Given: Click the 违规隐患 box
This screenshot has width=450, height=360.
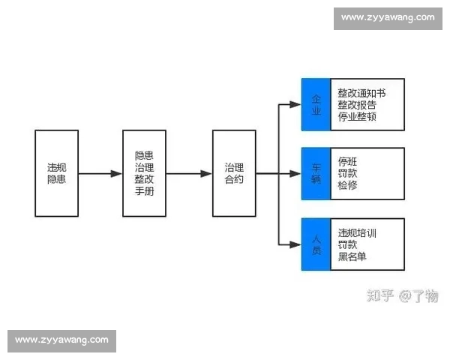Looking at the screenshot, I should pyautogui.click(x=56, y=173).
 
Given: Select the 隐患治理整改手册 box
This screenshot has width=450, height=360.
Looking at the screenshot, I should pyautogui.click(x=144, y=173).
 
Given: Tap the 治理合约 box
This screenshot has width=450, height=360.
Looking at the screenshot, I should pyautogui.click(x=234, y=173).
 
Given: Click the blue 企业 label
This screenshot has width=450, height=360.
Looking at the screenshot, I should pyautogui.click(x=316, y=104).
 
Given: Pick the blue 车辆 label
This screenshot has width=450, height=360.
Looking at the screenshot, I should pyautogui.click(x=316, y=173).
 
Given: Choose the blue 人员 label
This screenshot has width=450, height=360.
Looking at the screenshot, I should pyautogui.click(x=316, y=244).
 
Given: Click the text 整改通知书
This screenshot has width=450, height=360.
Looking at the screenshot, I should pyautogui.click(x=361, y=93).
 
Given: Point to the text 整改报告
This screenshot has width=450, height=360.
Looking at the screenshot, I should pyautogui.click(x=356, y=105).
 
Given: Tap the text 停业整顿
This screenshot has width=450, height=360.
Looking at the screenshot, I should pyautogui.click(x=356, y=117).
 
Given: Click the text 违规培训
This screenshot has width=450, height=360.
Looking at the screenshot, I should pyautogui.click(x=357, y=232).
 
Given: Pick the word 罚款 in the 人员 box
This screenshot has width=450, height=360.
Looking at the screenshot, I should pyautogui.click(x=347, y=245).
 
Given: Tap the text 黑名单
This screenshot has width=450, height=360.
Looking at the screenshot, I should pyautogui.click(x=352, y=257).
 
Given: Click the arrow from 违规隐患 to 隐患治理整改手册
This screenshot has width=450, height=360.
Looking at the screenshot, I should pyautogui.click(x=100, y=173).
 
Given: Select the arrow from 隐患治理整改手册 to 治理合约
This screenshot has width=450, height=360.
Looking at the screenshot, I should pyautogui.click(x=189, y=173).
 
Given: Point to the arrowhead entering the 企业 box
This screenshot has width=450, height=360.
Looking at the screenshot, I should pyautogui.click(x=295, y=104).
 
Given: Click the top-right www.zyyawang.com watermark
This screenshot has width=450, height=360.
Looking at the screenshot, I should pyautogui.click(x=388, y=17).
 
